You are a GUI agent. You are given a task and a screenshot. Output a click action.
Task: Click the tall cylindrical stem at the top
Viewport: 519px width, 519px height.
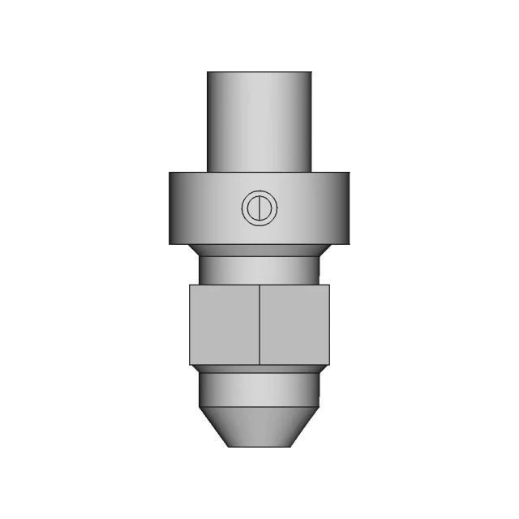(259, 122)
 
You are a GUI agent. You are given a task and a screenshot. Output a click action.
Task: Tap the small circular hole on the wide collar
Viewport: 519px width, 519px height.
(259, 208)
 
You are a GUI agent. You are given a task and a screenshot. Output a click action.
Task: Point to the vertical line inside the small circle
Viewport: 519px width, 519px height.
(259, 208)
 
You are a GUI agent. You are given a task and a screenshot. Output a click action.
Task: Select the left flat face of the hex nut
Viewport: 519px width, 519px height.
(225, 324)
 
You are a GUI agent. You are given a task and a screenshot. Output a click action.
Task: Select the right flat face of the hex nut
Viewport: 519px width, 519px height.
(294, 324)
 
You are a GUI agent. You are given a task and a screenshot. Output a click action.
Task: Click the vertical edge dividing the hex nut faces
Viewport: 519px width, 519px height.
(259, 324)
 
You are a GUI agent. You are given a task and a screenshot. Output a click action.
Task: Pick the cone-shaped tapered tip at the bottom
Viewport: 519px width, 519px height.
(259, 426)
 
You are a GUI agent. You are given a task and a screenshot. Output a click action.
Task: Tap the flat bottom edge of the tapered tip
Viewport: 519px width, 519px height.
(259, 446)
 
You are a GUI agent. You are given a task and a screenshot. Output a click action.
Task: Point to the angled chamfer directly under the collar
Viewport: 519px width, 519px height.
(259, 250)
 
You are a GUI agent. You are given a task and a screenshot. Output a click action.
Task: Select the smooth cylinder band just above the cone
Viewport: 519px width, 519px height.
(259, 389)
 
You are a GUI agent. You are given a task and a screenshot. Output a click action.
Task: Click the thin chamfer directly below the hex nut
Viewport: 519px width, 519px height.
(259, 369)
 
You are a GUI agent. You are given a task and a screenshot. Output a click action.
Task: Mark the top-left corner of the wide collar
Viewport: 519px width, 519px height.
(169, 173)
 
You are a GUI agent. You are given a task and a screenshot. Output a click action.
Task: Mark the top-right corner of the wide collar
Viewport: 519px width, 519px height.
(350, 173)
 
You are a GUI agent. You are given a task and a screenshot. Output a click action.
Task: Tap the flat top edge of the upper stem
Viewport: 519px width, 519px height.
(259, 72)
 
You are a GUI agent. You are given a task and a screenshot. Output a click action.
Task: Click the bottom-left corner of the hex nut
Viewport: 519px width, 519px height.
(190, 364)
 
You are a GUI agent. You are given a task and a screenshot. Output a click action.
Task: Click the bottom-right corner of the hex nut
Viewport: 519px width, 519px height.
(329, 364)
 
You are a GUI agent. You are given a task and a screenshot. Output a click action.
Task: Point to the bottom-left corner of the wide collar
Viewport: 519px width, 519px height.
(169, 243)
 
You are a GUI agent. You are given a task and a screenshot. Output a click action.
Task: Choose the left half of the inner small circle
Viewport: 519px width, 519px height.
(254, 208)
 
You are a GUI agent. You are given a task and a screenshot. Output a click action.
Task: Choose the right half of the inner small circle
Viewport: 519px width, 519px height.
(265, 208)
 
